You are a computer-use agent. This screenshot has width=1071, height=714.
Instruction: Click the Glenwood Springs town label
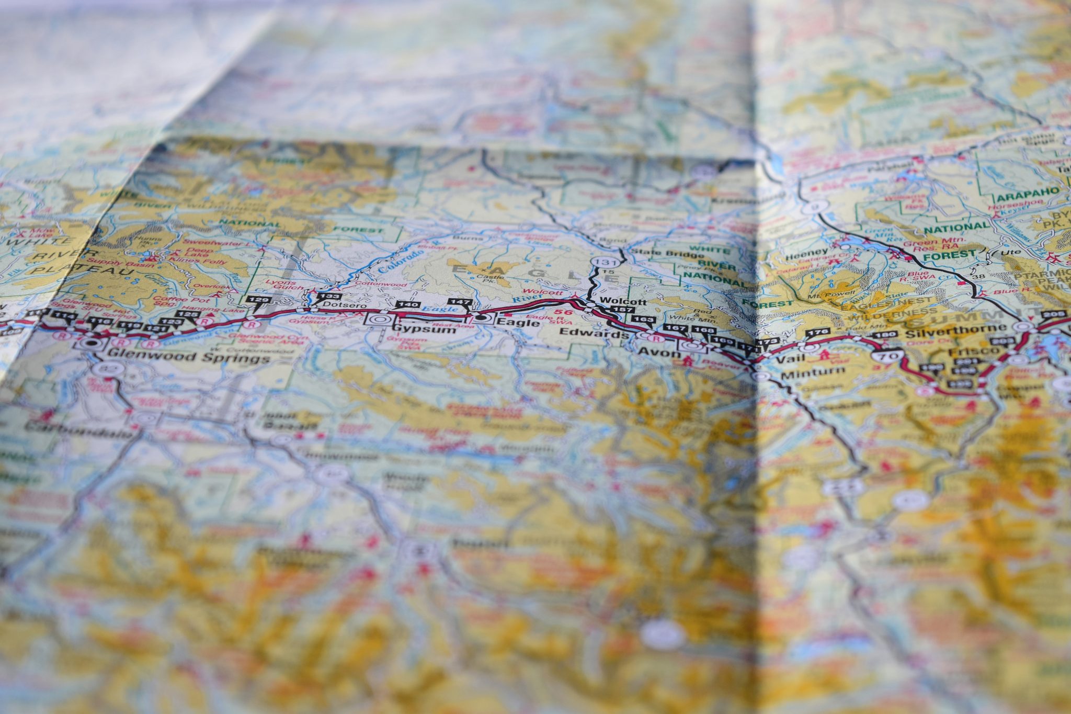(x=188, y=358)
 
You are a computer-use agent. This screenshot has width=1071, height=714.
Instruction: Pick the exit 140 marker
(x=408, y=304)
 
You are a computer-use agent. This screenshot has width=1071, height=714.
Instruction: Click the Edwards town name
(x=594, y=333)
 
